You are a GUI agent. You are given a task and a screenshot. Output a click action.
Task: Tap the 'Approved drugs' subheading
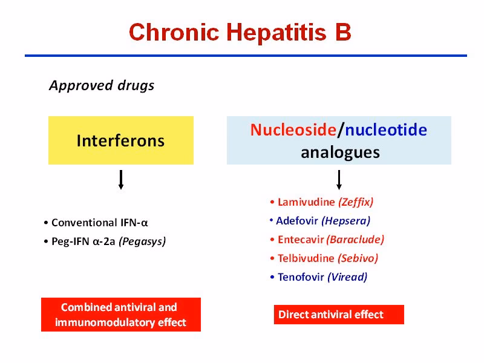tap(101, 85)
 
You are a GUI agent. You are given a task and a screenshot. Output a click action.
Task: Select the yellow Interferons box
tap(120, 140)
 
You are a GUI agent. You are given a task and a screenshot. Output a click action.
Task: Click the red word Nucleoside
tap(293, 129)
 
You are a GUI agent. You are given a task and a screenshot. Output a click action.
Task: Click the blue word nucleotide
tap(386, 129)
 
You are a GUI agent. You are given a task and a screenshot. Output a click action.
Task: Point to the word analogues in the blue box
tap(340, 152)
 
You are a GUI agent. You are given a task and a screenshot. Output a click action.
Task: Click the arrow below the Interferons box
tap(121, 180)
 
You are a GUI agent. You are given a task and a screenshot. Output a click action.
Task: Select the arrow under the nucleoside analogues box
tap(339, 180)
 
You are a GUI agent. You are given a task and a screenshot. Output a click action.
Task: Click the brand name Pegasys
tap(142, 241)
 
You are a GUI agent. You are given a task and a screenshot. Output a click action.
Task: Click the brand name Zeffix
tap(356, 201)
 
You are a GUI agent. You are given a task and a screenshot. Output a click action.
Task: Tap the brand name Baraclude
tap(355, 239)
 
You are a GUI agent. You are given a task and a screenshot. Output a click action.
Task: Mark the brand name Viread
tap(347, 277)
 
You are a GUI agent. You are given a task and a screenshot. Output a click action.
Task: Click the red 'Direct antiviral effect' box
tap(338, 315)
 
